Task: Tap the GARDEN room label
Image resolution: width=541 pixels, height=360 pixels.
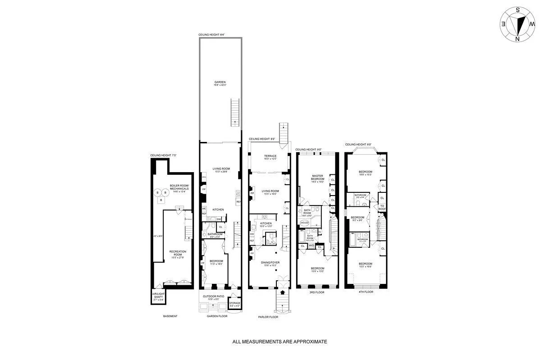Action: (x=220, y=83)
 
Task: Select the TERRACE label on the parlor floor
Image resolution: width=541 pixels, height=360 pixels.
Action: (x=270, y=156)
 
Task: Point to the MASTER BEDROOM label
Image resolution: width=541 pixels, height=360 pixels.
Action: (x=318, y=178)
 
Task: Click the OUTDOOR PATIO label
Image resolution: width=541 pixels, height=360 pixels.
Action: (x=214, y=297)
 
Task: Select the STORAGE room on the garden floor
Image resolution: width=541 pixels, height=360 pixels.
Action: (x=234, y=303)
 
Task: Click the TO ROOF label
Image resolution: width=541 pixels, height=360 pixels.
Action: (x=382, y=207)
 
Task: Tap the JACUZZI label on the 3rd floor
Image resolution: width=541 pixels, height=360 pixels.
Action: (x=304, y=223)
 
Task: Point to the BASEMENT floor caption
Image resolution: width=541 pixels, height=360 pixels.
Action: (x=170, y=316)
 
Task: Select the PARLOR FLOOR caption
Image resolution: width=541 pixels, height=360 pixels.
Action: (x=269, y=317)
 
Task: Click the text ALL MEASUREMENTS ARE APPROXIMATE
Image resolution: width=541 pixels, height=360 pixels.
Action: (x=280, y=342)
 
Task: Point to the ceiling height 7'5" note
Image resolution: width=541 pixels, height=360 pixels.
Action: (x=163, y=155)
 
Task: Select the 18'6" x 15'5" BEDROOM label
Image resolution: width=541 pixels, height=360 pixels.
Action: (x=366, y=173)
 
